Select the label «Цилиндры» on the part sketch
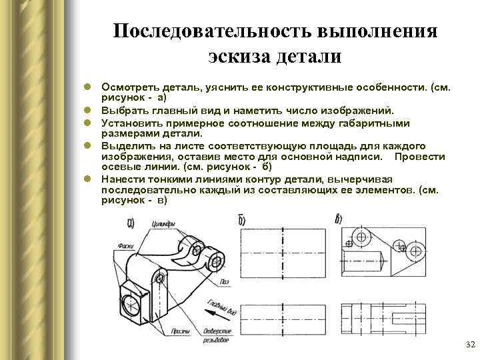[x=164, y=225]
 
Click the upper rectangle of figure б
[x=284, y=254]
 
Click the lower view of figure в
[x=383, y=313]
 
